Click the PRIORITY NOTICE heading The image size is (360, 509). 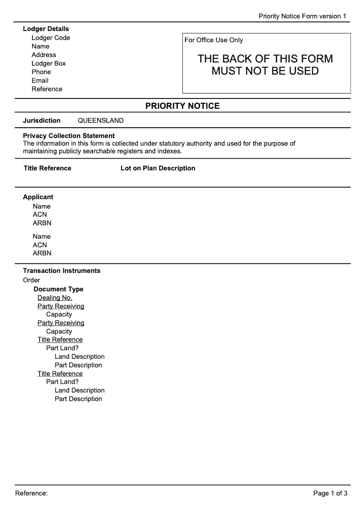(182, 106)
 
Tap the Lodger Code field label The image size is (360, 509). (51, 38)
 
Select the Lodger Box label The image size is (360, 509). (49, 63)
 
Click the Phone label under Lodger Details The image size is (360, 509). (41, 72)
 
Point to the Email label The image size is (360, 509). (40, 80)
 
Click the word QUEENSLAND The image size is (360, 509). (101, 121)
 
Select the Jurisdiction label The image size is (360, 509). (42, 121)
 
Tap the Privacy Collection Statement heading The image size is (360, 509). (69, 136)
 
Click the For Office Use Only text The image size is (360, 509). (214, 40)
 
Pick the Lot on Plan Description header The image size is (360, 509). (158, 168)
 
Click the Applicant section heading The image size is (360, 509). (38, 197)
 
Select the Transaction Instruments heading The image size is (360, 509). (62, 271)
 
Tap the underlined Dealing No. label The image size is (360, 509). (55, 298)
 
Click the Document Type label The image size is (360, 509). (58, 289)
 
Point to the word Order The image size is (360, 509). (31, 280)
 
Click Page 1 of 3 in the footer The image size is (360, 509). (330, 493)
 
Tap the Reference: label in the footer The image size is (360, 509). (31, 493)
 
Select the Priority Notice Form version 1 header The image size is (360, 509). (302, 16)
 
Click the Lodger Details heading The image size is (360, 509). (46, 29)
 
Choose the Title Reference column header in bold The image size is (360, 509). (48, 168)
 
